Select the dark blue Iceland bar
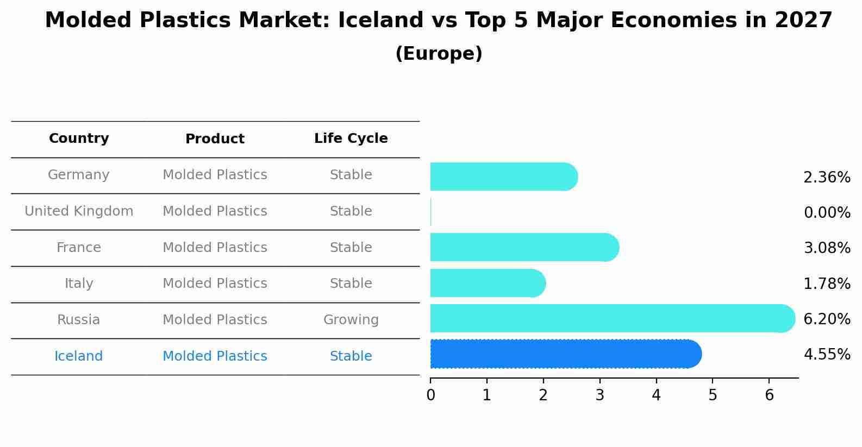pos(565,354)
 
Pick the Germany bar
pos(503,177)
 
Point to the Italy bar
pos(487,283)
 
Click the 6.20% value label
pos(827,319)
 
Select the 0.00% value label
pos(827,212)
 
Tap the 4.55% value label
pos(827,355)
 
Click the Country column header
pos(79,138)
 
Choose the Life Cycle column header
pos(351,138)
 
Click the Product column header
pos(215,139)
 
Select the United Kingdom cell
pos(79,211)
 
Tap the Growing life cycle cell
pos(351,320)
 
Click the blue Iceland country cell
pos(79,356)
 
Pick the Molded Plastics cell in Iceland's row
pos(215,356)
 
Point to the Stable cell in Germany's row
pos(351,175)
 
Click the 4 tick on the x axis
pos(656,395)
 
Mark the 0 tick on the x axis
pos(430,395)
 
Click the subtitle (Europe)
pos(439,54)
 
